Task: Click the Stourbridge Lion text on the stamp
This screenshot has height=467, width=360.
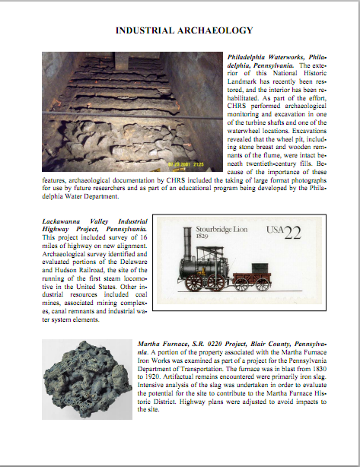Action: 221,229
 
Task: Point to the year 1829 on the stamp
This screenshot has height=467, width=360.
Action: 205,238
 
